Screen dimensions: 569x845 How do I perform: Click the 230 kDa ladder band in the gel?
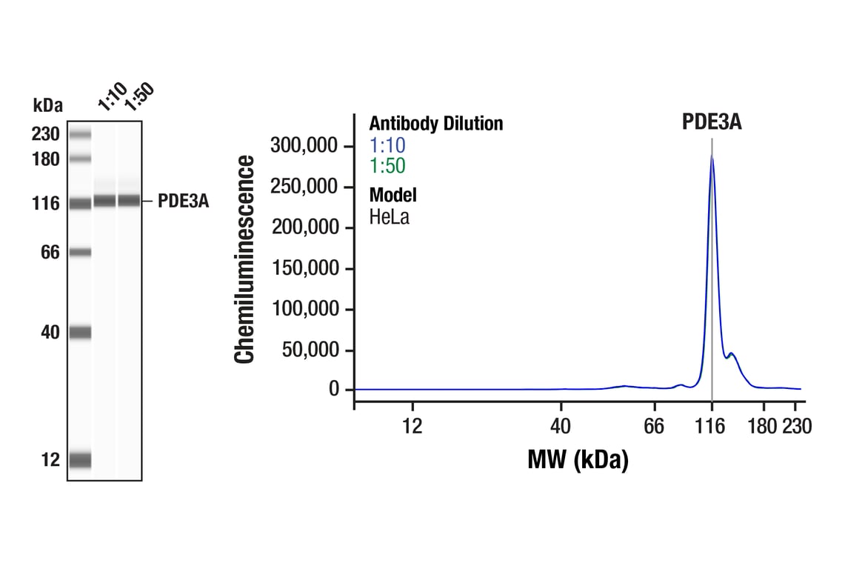pos(80,135)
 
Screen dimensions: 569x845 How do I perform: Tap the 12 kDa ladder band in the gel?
pos(80,460)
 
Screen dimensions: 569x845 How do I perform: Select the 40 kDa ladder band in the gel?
pos(80,332)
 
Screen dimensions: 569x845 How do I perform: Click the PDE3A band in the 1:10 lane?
pos(104,201)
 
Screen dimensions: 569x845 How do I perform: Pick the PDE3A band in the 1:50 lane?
pos(129,201)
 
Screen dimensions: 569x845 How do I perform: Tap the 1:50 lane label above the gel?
pos(138,96)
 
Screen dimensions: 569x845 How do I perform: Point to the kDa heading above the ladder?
pos(48,104)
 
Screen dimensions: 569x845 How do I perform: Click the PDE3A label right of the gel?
pos(183,202)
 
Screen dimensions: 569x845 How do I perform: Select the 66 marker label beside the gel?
pos(50,253)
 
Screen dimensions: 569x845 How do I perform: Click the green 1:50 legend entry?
pos(387,166)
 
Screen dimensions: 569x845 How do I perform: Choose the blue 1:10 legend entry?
pos(387,145)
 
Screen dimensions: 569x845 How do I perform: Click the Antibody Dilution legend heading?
pos(436,124)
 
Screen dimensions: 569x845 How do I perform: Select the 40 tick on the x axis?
pos(561,426)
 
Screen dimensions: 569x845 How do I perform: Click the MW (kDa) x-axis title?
pos(578,460)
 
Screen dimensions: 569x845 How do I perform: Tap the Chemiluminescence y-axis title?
pos(245,259)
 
